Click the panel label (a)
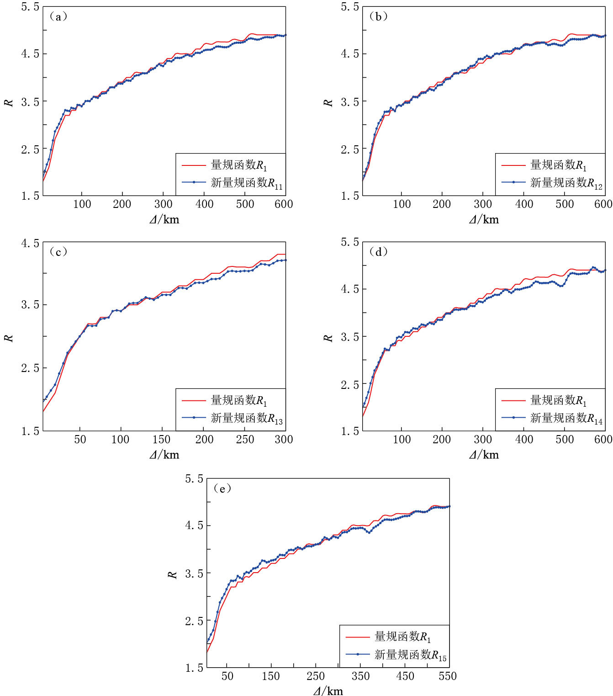(58, 17)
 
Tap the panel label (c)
(58, 252)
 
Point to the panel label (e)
(222, 489)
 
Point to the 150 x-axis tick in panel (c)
(161, 440)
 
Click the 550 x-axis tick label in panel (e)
(448, 676)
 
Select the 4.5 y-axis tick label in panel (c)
(30, 243)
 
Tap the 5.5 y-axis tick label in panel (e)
(194, 479)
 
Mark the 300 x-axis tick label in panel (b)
(483, 204)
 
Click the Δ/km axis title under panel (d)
(484, 455)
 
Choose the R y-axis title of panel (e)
(172, 574)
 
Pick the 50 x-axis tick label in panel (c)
(80, 440)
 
